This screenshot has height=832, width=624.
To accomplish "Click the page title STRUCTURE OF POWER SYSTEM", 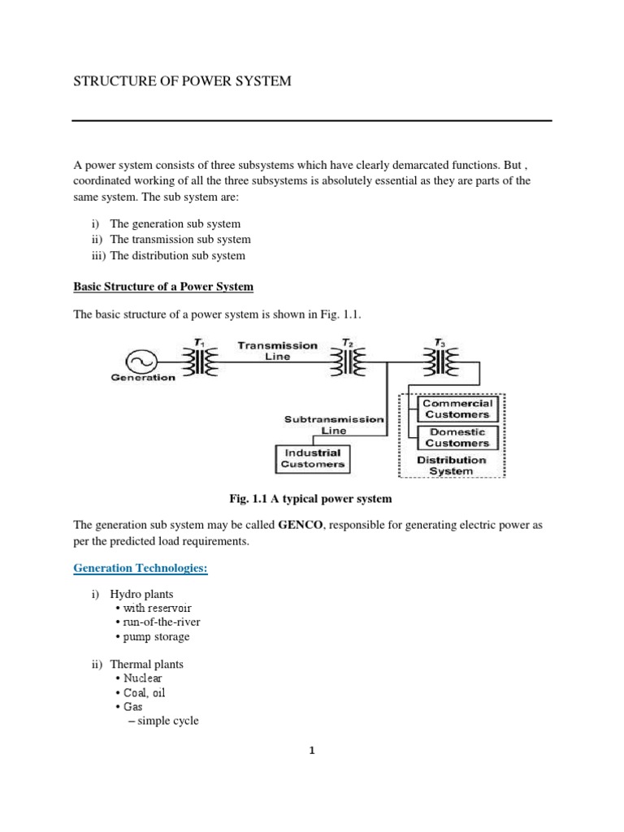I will [182, 81].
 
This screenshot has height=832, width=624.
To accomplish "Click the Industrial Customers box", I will [313, 459].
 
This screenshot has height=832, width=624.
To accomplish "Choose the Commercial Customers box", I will [457, 409].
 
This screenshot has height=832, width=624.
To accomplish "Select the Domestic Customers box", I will [457, 438].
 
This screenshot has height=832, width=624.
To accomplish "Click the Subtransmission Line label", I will [333, 425].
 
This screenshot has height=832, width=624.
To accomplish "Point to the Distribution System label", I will [451, 466].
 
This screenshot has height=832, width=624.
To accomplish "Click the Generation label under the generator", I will [143, 378].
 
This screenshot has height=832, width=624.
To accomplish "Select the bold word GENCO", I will [301, 526].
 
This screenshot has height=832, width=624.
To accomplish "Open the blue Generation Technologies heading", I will [141, 569].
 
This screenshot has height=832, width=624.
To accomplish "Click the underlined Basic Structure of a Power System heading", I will [163, 287].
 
